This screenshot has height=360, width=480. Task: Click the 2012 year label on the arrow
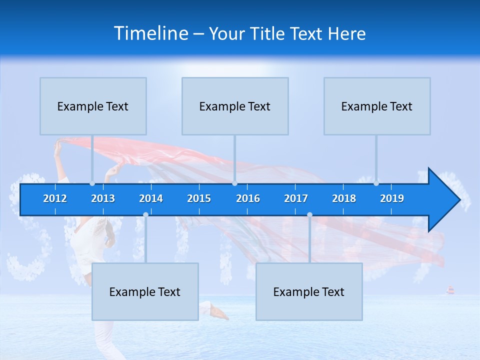(55, 198)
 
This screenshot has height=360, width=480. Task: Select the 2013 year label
(103, 198)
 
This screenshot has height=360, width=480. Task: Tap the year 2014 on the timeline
(151, 198)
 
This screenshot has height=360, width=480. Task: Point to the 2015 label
(199, 198)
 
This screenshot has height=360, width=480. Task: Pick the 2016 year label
(248, 198)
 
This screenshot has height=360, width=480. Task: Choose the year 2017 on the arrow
(296, 198)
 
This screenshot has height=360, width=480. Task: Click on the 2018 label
(344, 198)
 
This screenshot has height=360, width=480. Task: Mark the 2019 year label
(392, 198)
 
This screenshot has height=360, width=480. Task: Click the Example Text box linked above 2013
(93, 106)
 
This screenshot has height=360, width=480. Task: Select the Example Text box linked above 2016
(235, 106)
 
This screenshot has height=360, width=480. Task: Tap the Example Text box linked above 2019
(377, 106)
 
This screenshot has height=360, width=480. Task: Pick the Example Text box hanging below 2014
(145, 291)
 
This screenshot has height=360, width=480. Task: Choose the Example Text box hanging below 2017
(309, 291)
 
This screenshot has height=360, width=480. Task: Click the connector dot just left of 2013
(92, 183)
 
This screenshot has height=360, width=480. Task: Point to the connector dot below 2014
(145, 214)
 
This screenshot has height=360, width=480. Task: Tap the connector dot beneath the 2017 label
(309, 214)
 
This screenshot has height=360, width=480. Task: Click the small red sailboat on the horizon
(450, 290)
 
